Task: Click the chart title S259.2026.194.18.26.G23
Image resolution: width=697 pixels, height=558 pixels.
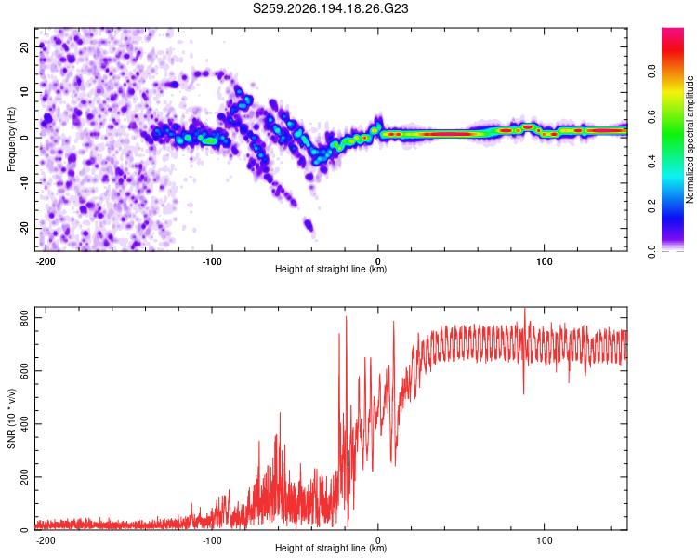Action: click(330, 8)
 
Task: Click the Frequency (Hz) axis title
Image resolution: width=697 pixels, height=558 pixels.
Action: click(11, 139)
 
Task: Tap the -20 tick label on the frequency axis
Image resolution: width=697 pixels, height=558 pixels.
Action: click(25, 229)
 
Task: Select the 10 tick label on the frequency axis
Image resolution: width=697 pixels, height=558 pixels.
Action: click(25, 92)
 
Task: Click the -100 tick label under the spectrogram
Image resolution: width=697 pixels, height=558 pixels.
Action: click(212, 261)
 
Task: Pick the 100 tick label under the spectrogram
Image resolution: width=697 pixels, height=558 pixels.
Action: click(544, 261)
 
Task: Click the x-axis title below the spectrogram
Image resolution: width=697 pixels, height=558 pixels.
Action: click(331, 269)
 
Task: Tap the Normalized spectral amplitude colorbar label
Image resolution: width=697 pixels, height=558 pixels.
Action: click(690, 139)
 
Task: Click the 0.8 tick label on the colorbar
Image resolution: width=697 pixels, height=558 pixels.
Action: click(651, 72)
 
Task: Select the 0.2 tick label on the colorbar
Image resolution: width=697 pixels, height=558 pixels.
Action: click(651, 206)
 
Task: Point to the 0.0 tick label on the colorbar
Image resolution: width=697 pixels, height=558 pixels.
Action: click(651, 251)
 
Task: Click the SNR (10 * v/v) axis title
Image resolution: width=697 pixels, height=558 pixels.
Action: click(11, 418)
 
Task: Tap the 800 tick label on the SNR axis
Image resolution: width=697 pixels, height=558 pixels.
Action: click(25, 318)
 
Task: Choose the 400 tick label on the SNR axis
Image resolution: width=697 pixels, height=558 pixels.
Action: click(25, 424)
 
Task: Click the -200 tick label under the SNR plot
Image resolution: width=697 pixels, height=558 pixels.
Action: click(46, 540)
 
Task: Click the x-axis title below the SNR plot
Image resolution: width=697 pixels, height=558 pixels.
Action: click(331, 548)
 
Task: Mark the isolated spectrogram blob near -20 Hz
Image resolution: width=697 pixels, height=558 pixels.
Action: click(309, 225)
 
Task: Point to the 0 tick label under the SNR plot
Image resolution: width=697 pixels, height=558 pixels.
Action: click(378, 540)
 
